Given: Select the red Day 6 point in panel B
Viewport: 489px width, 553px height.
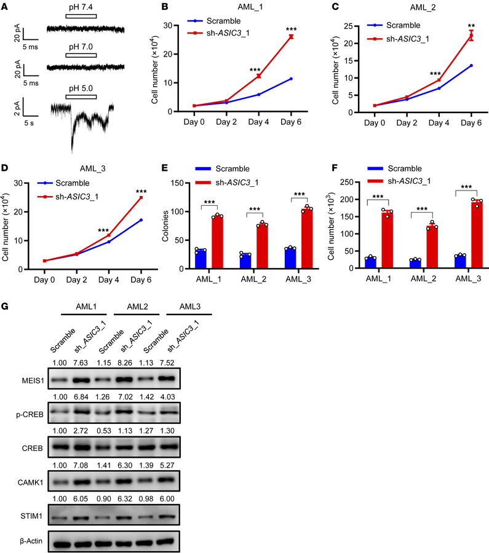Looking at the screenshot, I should tap(290, 36).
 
